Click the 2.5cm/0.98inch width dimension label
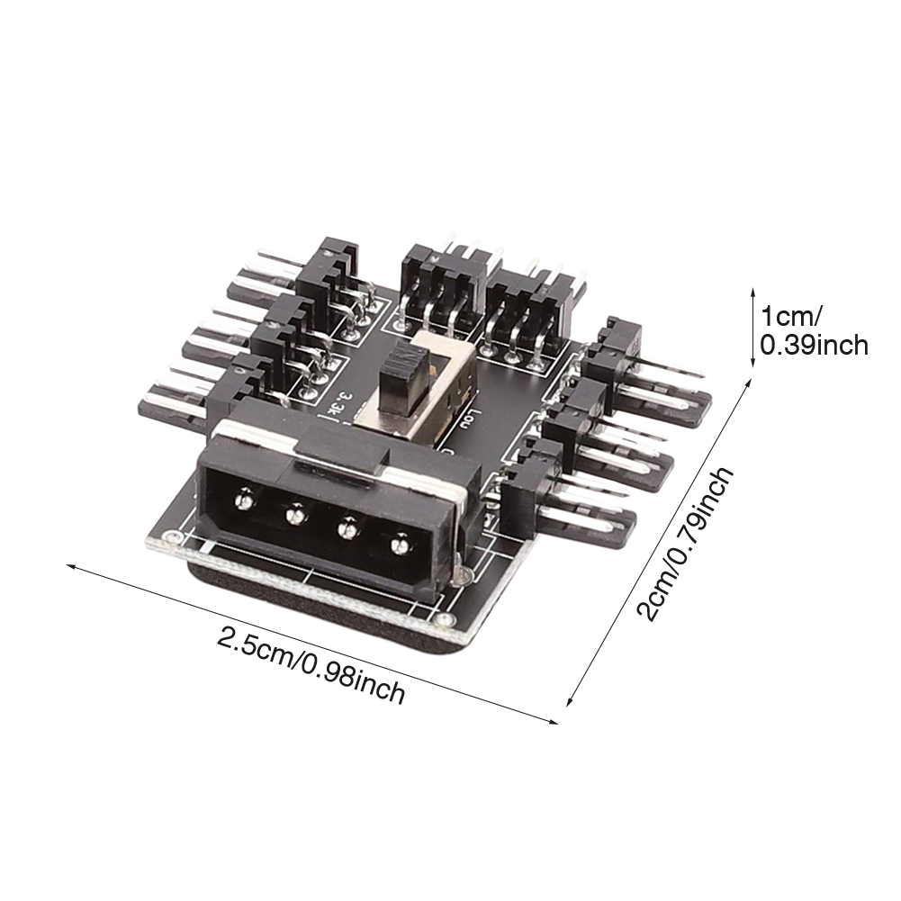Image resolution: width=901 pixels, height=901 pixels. [311, 665]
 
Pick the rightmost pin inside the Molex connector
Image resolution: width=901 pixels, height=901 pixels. [399, 543]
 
